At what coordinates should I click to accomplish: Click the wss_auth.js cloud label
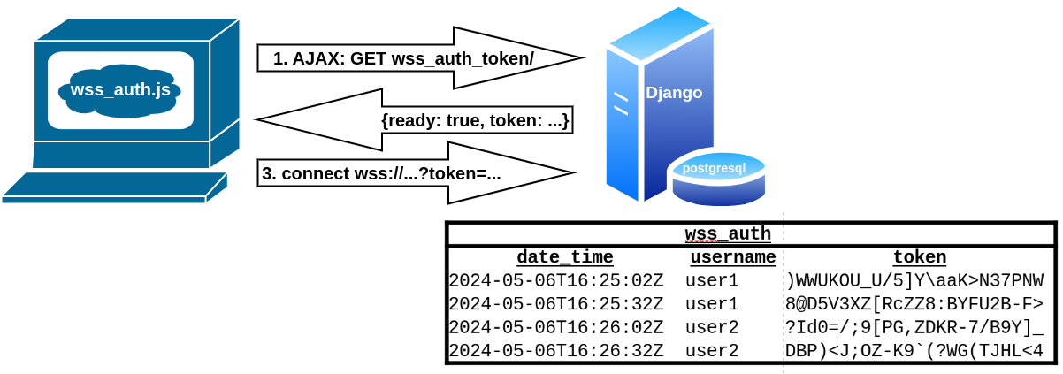pyautogui.click(x=120, y=89)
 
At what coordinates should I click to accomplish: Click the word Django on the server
pyautogui.click(x=674, y=93)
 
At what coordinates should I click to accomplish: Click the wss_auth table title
pyautogui.click(x=728, y=234)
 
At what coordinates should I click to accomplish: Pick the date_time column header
pyautogui.click(x=564, y=257)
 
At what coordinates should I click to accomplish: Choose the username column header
pyautogui.click(x=732, y=257)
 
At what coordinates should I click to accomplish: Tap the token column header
pyautogui.click(x=919, y=257)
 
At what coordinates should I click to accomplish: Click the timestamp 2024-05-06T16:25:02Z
pyautogui.click(x=555, y=281)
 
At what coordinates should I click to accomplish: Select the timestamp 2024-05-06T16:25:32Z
pyautogui.click(x=555, y=305)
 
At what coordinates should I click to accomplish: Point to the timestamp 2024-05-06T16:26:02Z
pyautogui.click(x=555, y=328)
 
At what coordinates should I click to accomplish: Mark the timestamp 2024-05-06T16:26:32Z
pyautogui.click(x=555, y=351)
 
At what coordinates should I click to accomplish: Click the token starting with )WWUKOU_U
pyautogui.click(x=914, y=281)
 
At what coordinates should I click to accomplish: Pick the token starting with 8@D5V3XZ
pyautogui.click(x=914, y=305)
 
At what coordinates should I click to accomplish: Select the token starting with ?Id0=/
pyautogui.click(x=914, y=328)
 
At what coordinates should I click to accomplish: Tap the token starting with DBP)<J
pyautogui.click(x=914, y=351)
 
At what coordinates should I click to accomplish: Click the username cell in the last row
pyautogui.click(x=712, y=351)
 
